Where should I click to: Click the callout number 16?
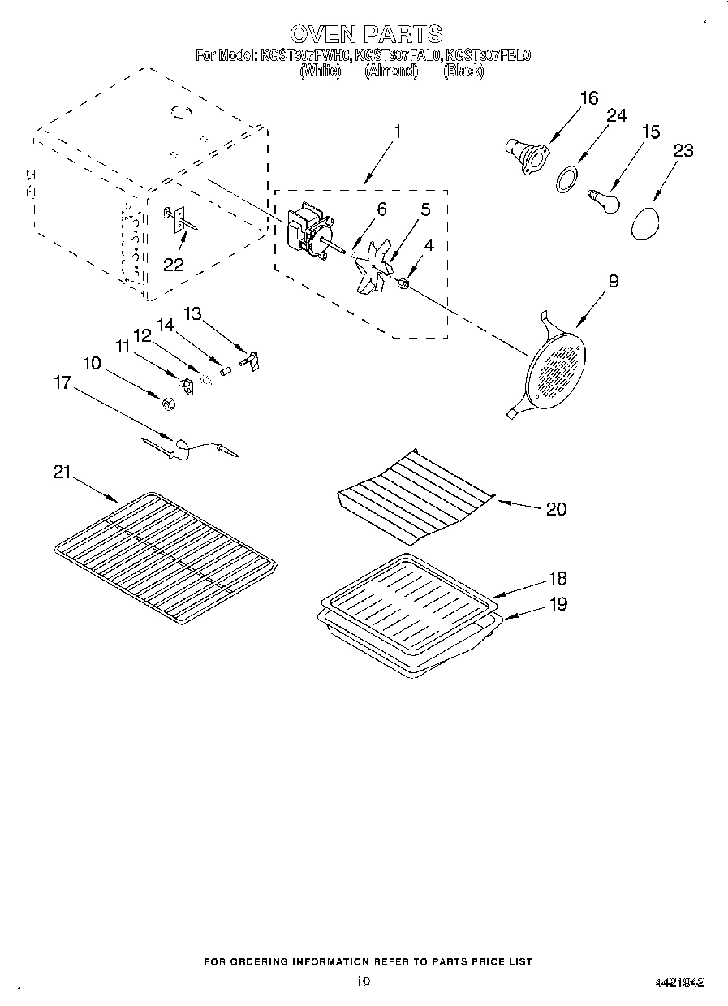(588, 98)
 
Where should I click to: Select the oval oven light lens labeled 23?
(645, 222)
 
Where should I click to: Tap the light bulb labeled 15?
(603, 199)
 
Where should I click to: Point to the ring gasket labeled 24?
(569, 179)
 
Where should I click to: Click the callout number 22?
(173, 264)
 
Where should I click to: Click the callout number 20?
(556, 509)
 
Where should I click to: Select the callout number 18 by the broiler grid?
(558, 579)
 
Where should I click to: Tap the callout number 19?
(558, 604)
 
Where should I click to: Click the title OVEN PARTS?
(366, 33)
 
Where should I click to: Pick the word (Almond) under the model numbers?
(390, 71)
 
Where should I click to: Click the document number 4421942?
(679, 982)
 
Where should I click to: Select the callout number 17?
(62, 382)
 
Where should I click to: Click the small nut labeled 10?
(166, 404)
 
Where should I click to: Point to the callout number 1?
(397, 130)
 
